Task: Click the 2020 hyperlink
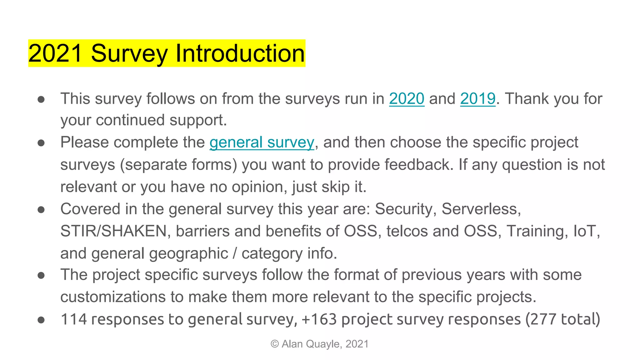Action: pyautogui.click(x=407, y=99)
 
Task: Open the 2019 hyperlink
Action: pyautogui.click(x=478, y=99)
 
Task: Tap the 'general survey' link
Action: pyautogui.click(x=262, y=142)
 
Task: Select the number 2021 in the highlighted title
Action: pyautogui.click(x=55, y=53)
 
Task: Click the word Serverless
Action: pyautogui.click(x=481, y=209)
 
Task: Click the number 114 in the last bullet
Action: pyautogui.click(x=74, y=319)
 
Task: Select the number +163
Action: pyautogui.click(x=319, y=319)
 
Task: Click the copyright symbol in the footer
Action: pyautogui.click(x=275, y=344)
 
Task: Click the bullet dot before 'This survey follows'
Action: pyautogui.click(x=41, y=99)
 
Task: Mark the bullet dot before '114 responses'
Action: pyautogui.click(x=41, y=320)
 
